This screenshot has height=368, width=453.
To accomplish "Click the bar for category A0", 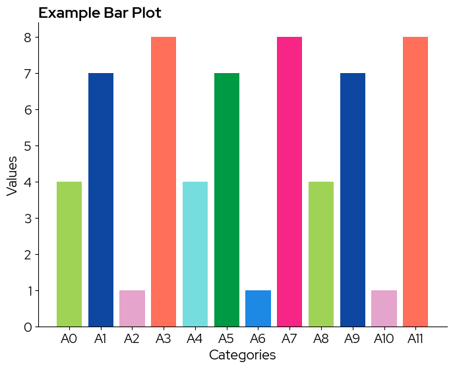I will pyautogui.click(x=69, y=254).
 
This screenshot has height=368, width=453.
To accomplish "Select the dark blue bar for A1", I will pyautogui.click(x=101, y=199).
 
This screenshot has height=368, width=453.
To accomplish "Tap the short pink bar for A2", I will pyautogui.click(x=132, y=308).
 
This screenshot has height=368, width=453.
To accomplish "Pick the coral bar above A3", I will pyautogui.click(x=164, y=182).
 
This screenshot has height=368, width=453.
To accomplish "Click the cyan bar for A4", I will pyautogui.click(x=195, y=254).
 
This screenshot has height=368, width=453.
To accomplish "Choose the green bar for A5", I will pyautogui.click(x=227, y=199).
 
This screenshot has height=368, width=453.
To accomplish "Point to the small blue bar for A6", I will pyautogui.click(x=258, y=308).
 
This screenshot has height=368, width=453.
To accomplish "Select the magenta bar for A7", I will pyautogui.click(x=289, y=182).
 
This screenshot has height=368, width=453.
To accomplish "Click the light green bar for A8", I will pyautogui.click(x=321, y=254).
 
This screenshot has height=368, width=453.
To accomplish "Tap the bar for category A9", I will pyautogui.click(x=353, y=199).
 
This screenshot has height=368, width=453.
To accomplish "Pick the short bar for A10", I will pyautogui.click(x=384, y=308).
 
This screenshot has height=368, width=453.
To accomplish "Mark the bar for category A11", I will pyautogui.click(x=415, y=182).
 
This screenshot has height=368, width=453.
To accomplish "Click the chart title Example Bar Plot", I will pyautogui.click(x=100, y=13).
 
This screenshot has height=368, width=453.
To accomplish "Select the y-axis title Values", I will pyautogui.click(x=12, y=176).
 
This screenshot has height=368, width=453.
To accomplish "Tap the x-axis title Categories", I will pyautogui.click(x=242, y=355).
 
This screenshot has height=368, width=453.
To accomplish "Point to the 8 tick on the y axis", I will pyautogui.click(x=28, y=38).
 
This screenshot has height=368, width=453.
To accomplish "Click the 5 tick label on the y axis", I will pyautogui.click(x=28, y=146).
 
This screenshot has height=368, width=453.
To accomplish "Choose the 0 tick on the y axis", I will pyautogui.click(x=28, y=327).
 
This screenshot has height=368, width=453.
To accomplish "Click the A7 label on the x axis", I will pyautogui.click(x=289, y=339).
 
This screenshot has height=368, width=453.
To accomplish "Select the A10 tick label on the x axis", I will pyautogui.click(x=384, y=339).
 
